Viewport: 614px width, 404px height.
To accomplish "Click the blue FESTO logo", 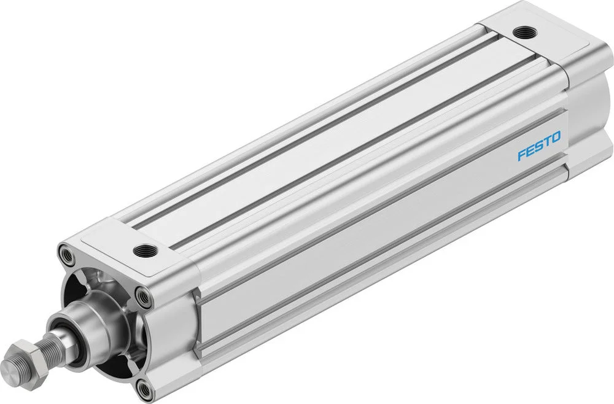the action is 539,146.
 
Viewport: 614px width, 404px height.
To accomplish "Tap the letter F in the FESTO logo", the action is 522,155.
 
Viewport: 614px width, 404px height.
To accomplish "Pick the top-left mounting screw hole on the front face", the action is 66,254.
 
